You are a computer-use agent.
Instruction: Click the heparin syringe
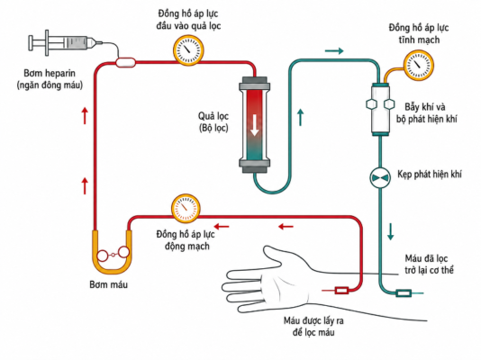65,43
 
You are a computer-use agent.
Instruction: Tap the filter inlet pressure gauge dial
188,50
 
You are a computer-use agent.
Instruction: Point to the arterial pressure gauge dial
186,209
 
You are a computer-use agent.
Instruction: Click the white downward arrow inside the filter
254,125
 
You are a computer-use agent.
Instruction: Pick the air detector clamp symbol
380,177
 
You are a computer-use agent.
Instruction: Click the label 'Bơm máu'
109,284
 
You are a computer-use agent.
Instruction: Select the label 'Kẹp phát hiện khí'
430,175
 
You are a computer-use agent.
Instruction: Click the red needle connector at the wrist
341,290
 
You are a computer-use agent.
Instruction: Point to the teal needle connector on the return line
404,293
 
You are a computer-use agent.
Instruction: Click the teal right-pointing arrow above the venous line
334,51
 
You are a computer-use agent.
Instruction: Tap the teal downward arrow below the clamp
390,232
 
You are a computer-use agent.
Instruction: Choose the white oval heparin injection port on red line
125,62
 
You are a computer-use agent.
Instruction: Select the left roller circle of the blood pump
103,256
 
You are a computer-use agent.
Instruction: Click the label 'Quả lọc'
213,116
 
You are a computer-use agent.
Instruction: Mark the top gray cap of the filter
254,84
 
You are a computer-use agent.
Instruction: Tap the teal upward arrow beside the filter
301,117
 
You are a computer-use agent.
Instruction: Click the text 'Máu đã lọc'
426,258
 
